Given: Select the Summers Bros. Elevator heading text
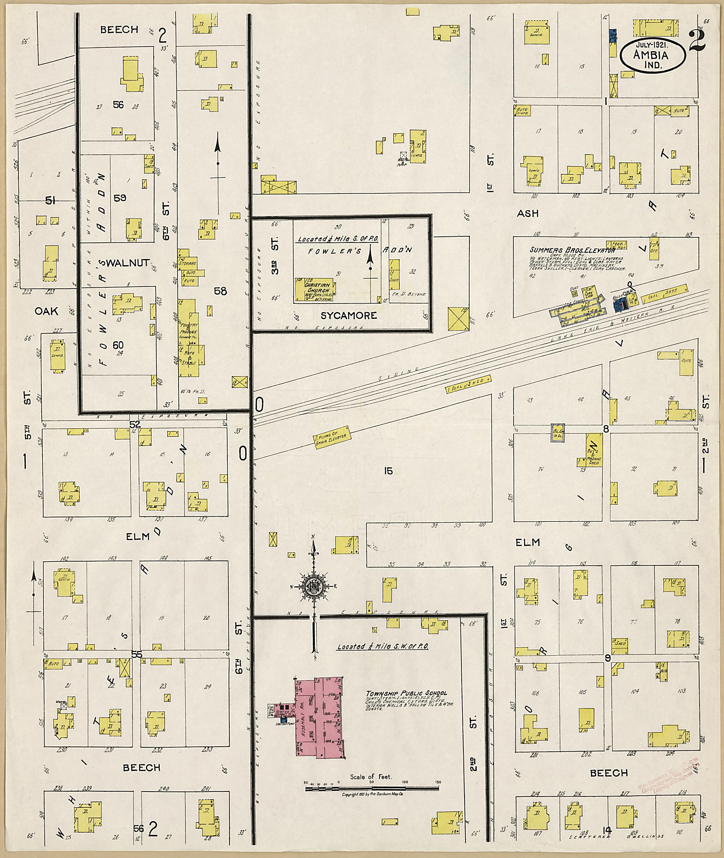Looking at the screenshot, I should [571, 249].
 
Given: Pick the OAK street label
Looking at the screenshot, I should [46, 311].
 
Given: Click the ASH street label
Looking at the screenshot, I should [527, 213].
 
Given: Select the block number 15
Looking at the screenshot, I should [388, 471].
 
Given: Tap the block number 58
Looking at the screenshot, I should [220, 291].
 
